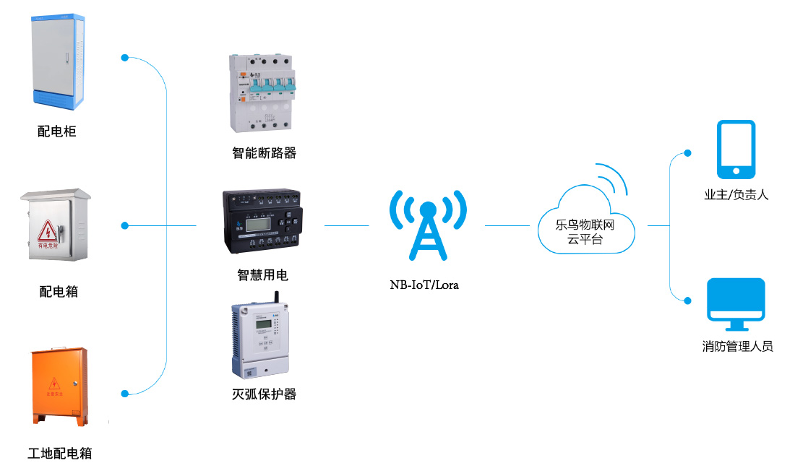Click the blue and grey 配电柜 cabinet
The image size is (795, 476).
[58, 61]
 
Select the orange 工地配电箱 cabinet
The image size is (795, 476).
[59, 386]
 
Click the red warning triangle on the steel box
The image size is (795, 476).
[48, 230]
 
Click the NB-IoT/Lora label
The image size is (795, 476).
[424, 285]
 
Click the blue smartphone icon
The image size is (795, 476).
[736, 150]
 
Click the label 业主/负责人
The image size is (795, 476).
[736, 195]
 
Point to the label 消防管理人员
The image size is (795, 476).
[737, 347]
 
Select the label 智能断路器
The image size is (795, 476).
[265, 153]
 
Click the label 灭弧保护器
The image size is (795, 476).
[265, 394]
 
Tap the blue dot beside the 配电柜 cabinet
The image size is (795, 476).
[125, 57]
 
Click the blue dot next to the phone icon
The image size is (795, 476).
[688, 153]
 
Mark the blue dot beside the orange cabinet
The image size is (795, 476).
[125, 394]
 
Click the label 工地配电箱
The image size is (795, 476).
[60, 454]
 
